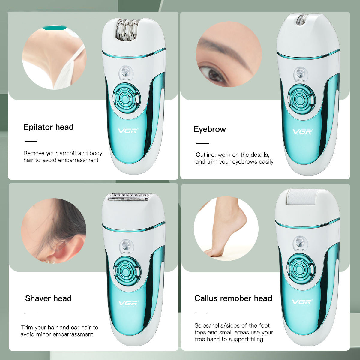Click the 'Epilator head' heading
pyautogui.click(x=49, y=127)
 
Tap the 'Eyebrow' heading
pyautogui.click(x=210, y=129)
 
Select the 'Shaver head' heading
pyautogui.click(x=48, y=298)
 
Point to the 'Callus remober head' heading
pyautogui.click(x=233, y=298)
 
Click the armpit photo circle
pyautogui.click(x=54, y=57)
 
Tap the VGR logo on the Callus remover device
pyautogui.click(x=301, y=302)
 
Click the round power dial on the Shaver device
pyautogui.click(x=127, y=271)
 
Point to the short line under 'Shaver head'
pyautogui.click(x=31, y=313)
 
